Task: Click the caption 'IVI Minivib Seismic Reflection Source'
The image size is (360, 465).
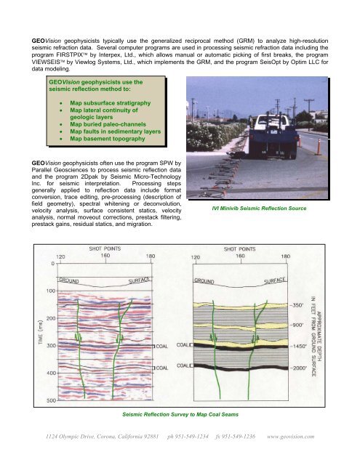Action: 259,209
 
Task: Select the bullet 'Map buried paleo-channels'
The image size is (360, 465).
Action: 108,124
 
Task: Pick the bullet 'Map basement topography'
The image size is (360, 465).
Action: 108,139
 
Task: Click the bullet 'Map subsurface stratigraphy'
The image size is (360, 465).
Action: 111,103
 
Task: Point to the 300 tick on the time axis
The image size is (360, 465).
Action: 51,346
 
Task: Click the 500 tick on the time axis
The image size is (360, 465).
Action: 51,400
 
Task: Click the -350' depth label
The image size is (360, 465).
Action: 297,305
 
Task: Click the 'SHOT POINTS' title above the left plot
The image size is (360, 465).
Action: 105,248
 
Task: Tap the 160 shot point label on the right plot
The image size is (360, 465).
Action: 240,256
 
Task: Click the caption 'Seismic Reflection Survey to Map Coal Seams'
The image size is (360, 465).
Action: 180,414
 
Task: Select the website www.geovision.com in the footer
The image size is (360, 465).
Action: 291,436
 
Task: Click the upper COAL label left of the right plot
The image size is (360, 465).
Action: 183,345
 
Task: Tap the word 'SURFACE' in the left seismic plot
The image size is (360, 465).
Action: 139,280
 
